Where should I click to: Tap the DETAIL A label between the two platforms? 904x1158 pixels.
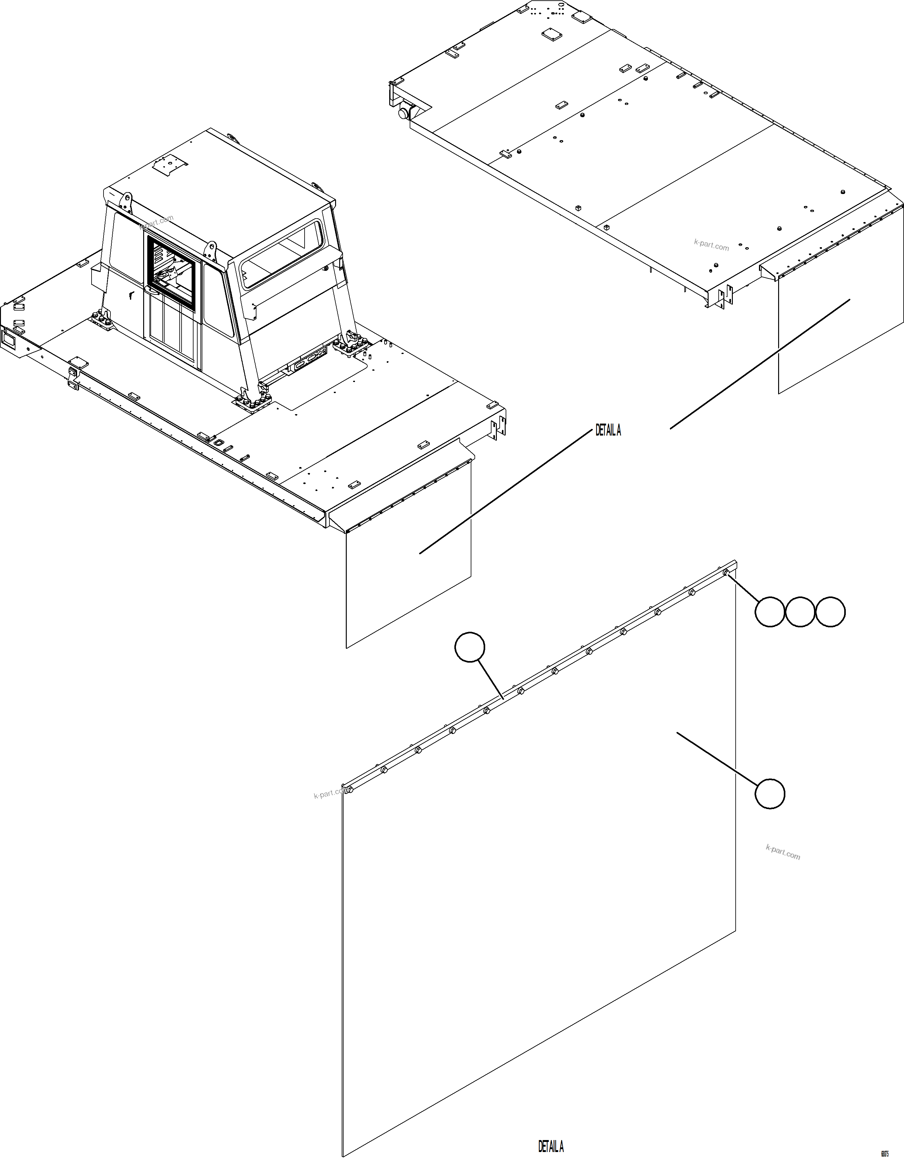coord(608,430)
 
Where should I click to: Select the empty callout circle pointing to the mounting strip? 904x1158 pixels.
coord(469,647)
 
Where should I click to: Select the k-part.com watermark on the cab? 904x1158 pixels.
coord(157,222)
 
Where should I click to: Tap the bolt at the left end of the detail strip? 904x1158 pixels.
coord(349,790)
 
